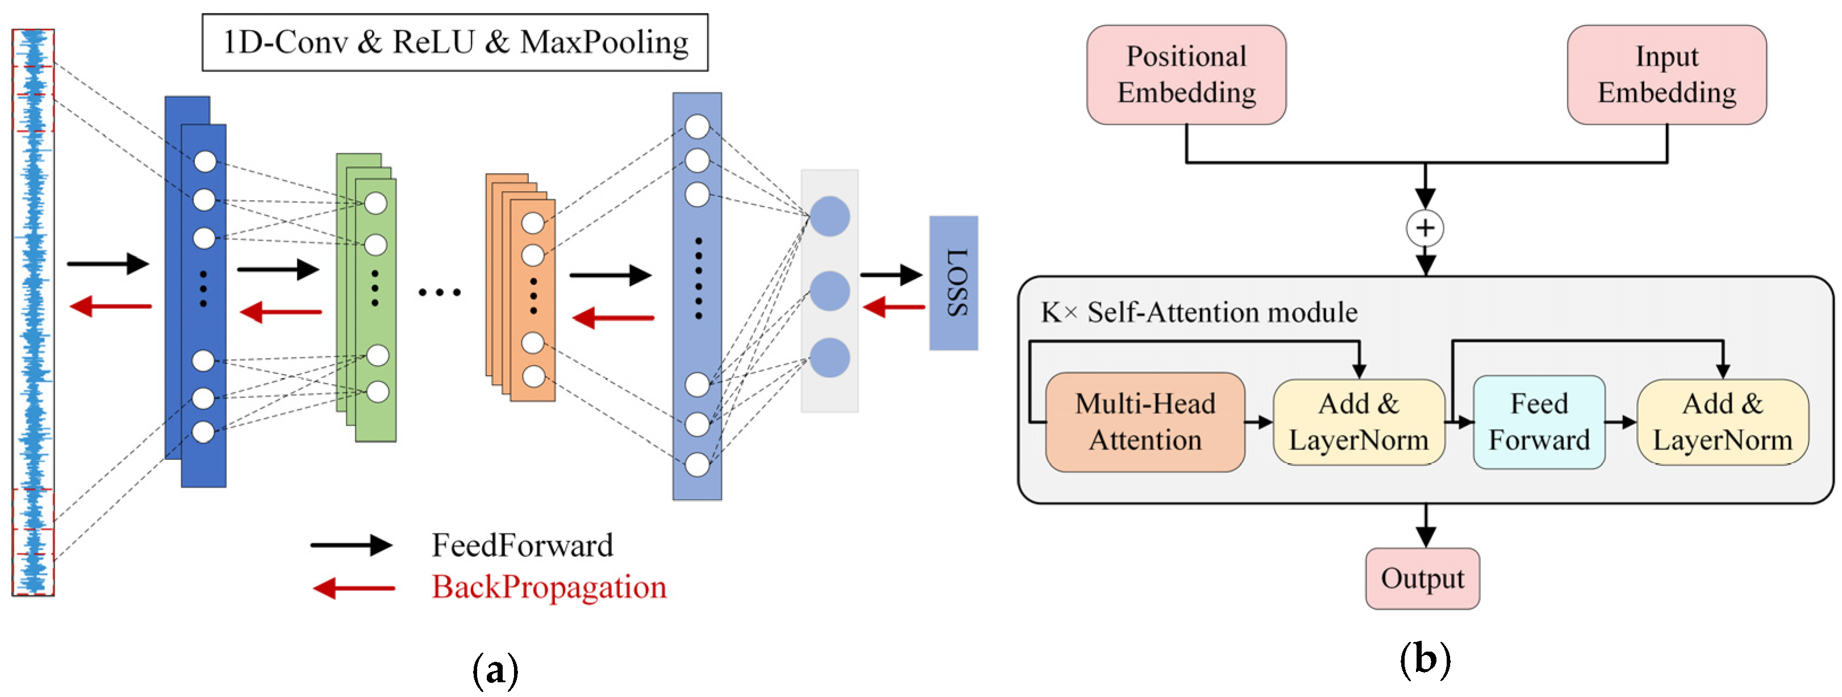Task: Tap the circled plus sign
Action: coord(1425,228)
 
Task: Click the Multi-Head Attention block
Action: coord(1145,422)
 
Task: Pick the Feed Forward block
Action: coord(1539,422)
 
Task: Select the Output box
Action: coord(1422,578)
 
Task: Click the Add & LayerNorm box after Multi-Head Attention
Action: coord(1359,422)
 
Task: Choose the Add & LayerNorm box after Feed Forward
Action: coord(1723,422)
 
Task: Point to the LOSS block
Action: coord(953,283)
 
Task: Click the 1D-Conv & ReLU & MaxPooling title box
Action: coord(455,42)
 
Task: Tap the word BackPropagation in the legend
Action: coord(549,587)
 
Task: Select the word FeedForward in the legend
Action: coord(522,545)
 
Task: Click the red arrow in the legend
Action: coord(354,589)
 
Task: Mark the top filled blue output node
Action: coord(829,217)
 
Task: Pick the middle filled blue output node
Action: coord(829,291)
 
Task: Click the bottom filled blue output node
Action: coord(829,358)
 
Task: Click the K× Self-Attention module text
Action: coord(1199,312)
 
